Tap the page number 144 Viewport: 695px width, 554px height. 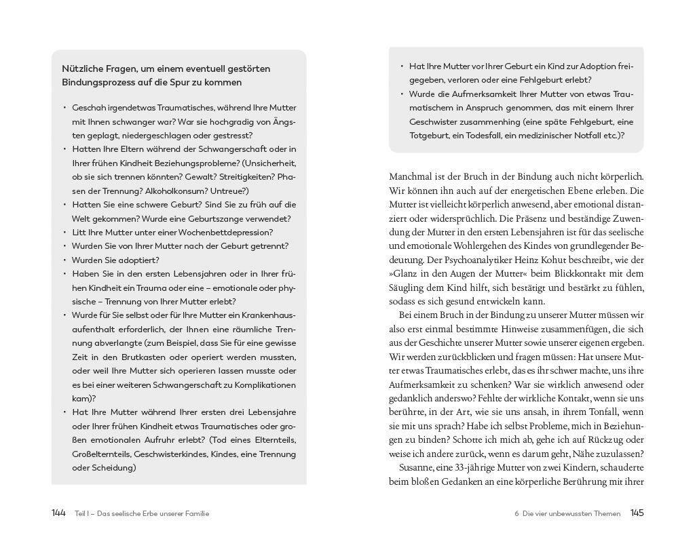point(58,513)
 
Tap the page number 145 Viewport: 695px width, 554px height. point(637,513)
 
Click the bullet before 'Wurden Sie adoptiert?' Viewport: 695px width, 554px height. point(65,260)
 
